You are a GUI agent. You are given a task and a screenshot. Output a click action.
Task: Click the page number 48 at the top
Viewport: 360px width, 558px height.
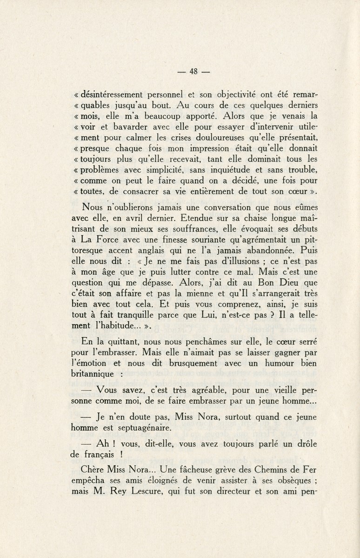(194, 72)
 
